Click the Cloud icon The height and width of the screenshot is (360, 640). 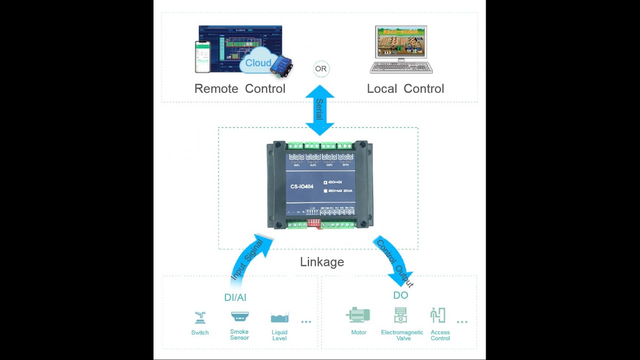point(258,62)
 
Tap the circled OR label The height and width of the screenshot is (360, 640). point(321,69)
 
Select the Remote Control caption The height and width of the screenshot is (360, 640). point(239,88)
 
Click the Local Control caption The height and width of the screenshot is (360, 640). point(405,88)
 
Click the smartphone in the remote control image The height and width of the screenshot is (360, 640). point(202,56)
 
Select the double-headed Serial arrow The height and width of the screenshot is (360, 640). point(319,110)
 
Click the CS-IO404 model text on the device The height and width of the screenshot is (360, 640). point(302,186)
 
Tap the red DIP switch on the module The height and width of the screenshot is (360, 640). point(313,221)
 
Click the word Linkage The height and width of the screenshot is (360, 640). point(322,261)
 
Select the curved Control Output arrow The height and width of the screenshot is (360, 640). point(394,260)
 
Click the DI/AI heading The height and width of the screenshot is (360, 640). point(235,297)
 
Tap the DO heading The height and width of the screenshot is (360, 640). point(400,295)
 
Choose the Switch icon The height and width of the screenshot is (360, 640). point(200,317)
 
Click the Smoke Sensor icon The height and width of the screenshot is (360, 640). point(239,316)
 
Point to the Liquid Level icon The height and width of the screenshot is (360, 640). point(279,317)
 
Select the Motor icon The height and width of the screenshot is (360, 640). point(358,315)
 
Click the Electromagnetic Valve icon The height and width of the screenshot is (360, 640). point(400,315)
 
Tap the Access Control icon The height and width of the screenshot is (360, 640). point(438,315)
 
